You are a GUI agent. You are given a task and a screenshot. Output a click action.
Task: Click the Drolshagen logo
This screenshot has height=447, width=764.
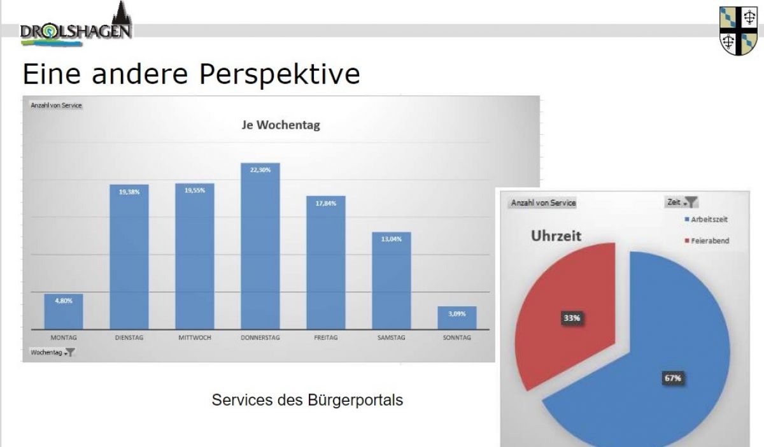(75, 29)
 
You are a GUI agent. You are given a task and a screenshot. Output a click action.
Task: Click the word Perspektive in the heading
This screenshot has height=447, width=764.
(279, 74)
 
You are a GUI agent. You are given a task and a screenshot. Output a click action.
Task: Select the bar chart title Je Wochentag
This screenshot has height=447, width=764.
(280, 125)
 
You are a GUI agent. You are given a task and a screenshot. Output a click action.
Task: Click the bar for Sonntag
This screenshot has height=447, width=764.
(456, 318)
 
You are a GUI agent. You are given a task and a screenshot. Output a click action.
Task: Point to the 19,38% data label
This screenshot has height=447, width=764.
(129, 191)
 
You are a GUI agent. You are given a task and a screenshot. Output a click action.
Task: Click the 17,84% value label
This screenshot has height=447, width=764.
(325, 202)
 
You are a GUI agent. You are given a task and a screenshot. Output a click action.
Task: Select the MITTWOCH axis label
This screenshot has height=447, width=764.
(195, 337)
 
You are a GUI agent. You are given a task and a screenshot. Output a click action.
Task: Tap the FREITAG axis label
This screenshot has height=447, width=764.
(326, 337)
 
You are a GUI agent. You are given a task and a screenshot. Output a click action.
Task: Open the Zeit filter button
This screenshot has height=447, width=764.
(682, 202)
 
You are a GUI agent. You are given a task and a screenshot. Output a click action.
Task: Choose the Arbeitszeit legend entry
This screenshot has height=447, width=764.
(706, 220)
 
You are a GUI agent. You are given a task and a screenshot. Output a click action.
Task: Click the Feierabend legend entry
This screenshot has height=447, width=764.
(707, 241)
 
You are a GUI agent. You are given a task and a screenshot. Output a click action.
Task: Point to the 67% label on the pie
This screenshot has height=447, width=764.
(673, 378)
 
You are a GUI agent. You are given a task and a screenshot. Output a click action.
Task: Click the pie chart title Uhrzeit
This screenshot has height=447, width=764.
(556, 236)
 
